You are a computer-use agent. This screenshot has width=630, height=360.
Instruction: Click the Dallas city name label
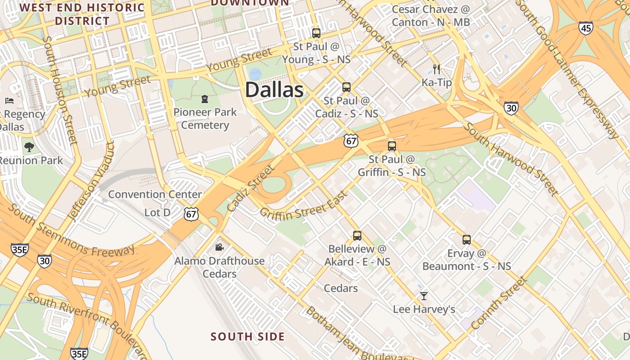(274, 90)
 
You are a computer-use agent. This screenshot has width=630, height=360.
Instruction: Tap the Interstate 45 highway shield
(586, 28)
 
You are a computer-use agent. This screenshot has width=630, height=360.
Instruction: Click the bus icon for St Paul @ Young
(316, 33)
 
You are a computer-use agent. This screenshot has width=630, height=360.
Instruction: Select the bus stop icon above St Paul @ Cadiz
(346, 87)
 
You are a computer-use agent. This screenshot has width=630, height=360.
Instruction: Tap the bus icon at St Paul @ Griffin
(392, 146)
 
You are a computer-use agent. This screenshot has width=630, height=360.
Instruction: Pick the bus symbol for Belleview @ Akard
(357, 235)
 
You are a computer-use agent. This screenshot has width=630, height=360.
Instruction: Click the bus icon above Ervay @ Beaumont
(467, 240)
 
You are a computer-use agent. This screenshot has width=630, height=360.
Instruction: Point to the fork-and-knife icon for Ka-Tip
(436, 69)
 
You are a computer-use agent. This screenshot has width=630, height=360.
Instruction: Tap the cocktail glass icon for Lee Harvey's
(423, 296)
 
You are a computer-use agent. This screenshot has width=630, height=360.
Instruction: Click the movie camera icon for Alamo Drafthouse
(219, 247)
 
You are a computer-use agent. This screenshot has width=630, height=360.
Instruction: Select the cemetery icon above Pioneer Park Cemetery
(205, 99)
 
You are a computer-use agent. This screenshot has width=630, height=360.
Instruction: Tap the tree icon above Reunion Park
(29, 147)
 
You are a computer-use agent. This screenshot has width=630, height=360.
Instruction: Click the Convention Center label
(155, 194)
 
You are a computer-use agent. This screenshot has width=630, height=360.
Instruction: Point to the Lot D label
(157, 212)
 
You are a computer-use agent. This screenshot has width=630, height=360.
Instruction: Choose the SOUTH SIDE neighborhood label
(247, 337)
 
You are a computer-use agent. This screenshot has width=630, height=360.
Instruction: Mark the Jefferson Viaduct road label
(90, 182)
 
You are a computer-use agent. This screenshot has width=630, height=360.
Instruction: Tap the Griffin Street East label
(304, 206)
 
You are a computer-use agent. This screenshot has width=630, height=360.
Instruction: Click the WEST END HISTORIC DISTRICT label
(82, 14)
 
